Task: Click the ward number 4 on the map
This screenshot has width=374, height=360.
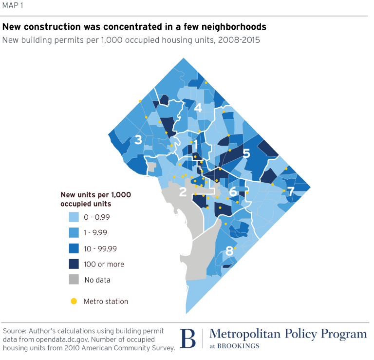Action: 198,108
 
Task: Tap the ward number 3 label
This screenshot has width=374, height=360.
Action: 138,140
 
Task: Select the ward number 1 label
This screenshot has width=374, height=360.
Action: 196,145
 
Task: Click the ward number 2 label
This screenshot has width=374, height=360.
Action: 183,192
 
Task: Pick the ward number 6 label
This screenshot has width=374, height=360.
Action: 233,191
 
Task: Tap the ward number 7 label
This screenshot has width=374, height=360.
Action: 291,191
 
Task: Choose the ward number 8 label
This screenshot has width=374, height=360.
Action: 229,251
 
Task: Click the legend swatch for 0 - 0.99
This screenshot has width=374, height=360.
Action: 73,217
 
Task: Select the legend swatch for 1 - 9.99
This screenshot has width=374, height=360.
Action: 73,233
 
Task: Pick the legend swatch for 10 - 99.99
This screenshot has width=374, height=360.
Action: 73,248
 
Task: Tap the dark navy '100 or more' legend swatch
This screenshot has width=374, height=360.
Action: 73,264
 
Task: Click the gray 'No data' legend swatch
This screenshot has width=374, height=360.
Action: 73,280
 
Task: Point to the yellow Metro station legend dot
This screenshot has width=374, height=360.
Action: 74,302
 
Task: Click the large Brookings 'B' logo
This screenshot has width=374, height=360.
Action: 188,338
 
